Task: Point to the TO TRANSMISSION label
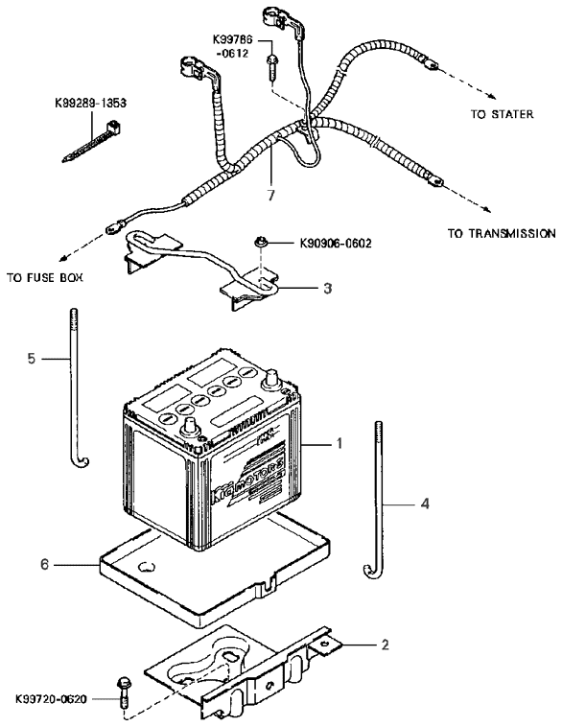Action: (501, 233)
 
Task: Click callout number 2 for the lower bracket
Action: (385, 645)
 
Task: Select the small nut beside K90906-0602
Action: (260, 243)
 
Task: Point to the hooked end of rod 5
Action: (81, 463)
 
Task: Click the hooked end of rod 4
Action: (369, 572)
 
